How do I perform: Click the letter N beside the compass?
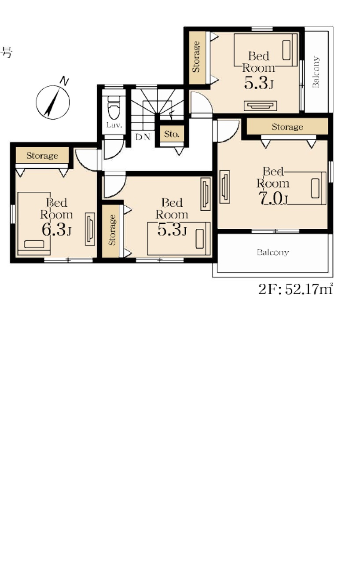click(x=64, y=81)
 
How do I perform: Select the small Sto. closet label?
click(x=172, y=134)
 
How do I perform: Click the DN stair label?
click(x=143, y=137)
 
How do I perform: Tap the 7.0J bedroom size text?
click(x=273, y=199)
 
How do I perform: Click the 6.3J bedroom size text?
click(x=57, y=230)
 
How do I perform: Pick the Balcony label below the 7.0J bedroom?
click(x=273, y=252)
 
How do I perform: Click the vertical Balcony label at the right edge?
click(x=316, y=72)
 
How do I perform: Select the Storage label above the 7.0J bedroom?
click(x=287, y=127)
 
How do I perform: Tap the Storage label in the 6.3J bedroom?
click(x=42, y=156)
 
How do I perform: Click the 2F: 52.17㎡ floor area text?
click(x=296, y=289)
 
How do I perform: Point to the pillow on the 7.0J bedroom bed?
click(x=315, y=188)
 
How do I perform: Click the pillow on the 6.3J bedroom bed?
click(x=34, y=244)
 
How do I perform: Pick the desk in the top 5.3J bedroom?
click(x=261, y=106)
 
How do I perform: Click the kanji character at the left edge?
click(x=7, y=53)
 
